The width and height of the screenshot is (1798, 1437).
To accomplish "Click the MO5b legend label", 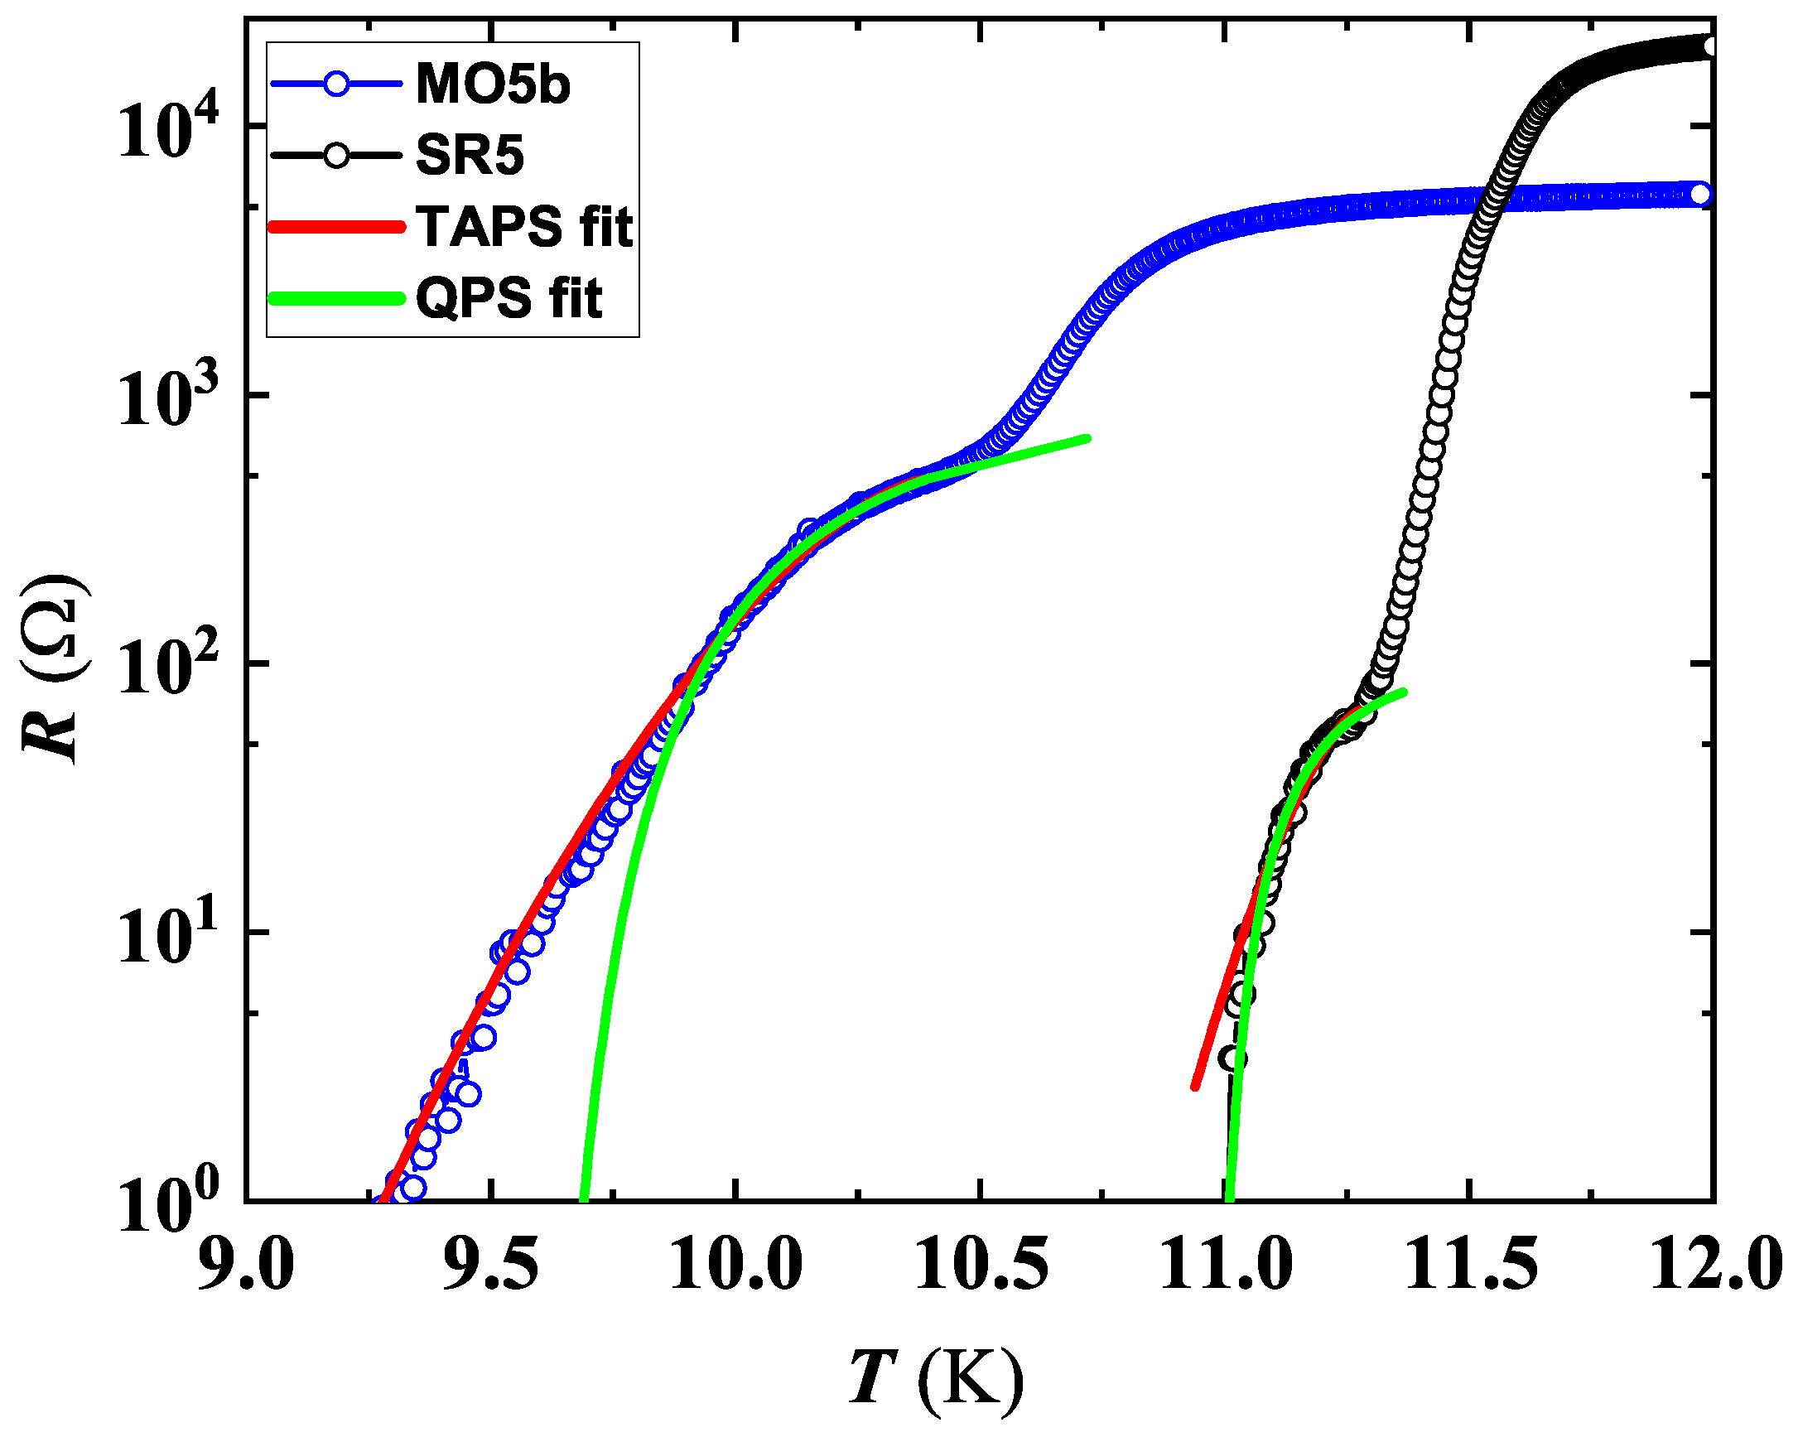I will (x=492, y=84).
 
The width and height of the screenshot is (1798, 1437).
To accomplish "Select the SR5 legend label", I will (x=470, y=155).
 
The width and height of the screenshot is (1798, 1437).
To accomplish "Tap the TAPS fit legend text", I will (x=524, y=227).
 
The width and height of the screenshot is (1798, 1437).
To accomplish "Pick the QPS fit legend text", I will (x=509, y=297).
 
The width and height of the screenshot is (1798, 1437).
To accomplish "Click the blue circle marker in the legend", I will (x=336, y=84).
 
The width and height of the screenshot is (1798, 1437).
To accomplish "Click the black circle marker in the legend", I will (x=336, y=156).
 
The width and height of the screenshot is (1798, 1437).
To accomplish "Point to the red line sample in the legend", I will (x=336, y=227).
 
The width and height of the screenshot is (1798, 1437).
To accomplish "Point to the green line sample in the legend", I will (x=336, y=297).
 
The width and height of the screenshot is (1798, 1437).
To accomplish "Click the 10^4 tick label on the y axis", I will (x=166, y=129).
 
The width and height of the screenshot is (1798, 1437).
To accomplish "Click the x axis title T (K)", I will (x=936, y=1377).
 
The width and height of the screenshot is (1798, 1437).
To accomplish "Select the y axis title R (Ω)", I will (x=54, y=668).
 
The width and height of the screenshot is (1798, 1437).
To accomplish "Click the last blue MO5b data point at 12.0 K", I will (x=1700, y=195).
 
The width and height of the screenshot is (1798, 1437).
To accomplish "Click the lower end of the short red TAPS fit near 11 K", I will (x=1195, y=1086).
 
